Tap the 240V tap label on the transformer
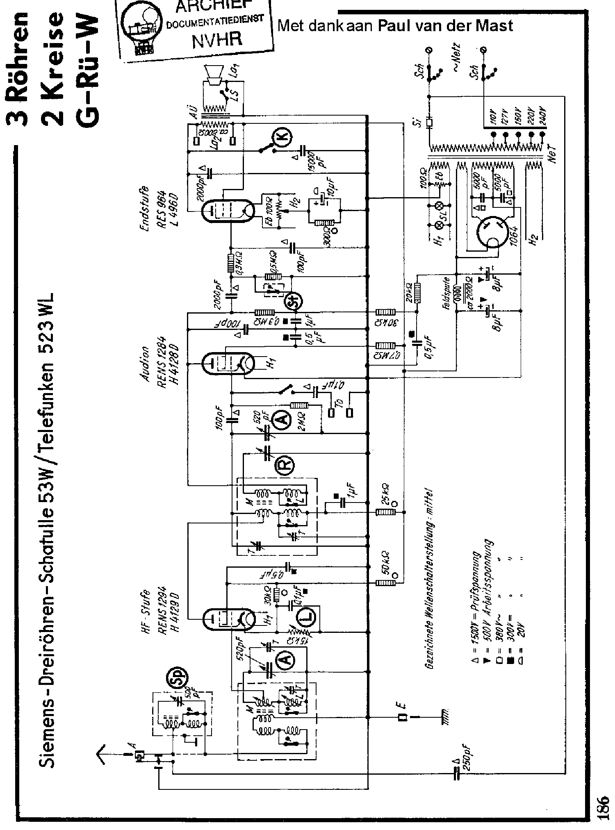click(x=544, y=116)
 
